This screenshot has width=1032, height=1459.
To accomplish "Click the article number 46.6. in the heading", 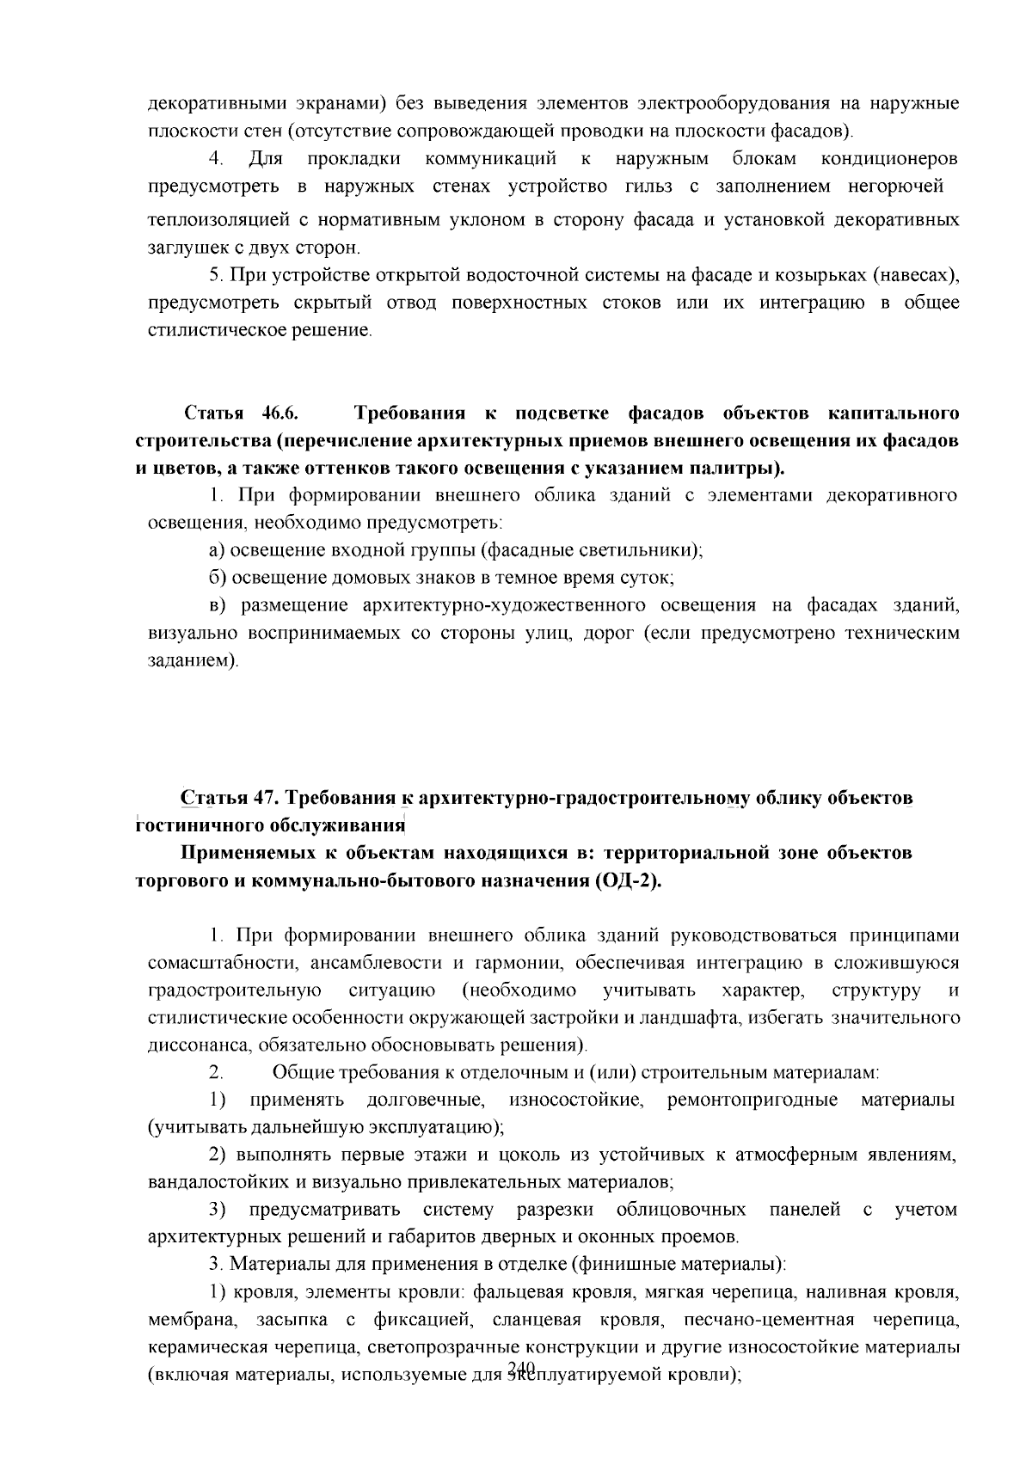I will pyautogui.click(x=280, y=414).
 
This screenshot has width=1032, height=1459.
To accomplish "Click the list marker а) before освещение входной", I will pyautogui.click(x=217, y=550).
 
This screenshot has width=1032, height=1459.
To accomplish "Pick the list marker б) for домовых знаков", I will pyautogui.click(x=217, y=578).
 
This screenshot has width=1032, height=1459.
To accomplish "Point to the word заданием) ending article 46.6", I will pyautogui.click(x=188, y=661).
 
